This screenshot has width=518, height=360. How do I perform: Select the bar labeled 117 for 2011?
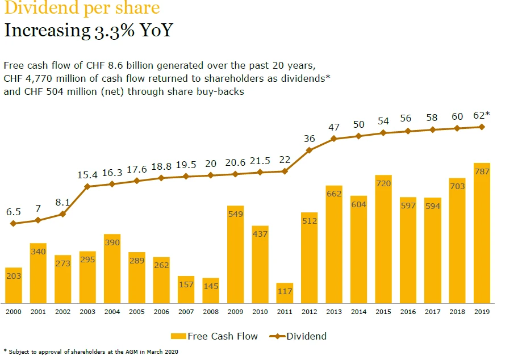[x=285, y=293]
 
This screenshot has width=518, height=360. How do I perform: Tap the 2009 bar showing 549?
[x=235, y=254]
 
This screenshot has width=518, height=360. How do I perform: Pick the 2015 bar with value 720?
[x=383, y=239]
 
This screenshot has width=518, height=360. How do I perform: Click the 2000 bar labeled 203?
[x=13, y=285]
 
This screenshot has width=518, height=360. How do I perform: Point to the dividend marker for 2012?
[x=310, y=150]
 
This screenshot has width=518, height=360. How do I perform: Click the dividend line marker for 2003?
[x=87, y=186]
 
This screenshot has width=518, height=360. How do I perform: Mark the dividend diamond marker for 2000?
[x=13, y=224]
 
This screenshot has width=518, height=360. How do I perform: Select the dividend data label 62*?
[x=482, y=115]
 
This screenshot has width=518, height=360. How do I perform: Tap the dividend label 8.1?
[x=62, y=202]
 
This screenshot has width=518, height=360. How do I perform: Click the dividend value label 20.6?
[x=235, y=163]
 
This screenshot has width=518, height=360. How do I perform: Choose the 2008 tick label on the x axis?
[x=211, y=312]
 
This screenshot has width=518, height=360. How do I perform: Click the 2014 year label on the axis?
[x=358, y=312]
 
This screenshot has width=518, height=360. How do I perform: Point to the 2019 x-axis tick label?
[x=482, y=312]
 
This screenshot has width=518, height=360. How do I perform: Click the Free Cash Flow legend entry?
[x=216, y=336]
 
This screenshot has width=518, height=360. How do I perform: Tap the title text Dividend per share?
[x=82, y=9]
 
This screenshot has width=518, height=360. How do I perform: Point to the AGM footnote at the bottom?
[x=91, y=352]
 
